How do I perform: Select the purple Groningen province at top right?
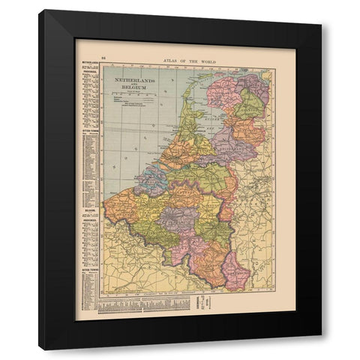pos(253,87)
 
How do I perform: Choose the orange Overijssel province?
pos(247,132)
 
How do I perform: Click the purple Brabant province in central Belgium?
pos(178,218)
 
